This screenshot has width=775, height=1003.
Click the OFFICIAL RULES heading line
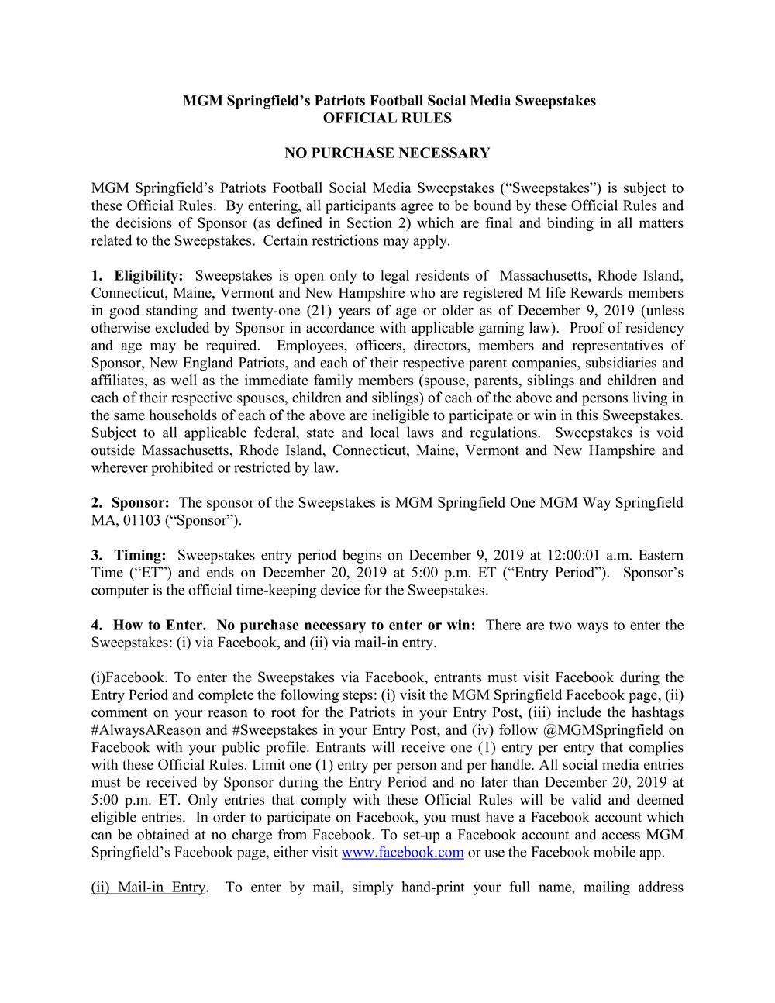387,119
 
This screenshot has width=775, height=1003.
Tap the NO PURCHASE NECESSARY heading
387,153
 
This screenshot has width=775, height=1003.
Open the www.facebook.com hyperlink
402,853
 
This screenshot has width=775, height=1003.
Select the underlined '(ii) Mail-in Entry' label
148,888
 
